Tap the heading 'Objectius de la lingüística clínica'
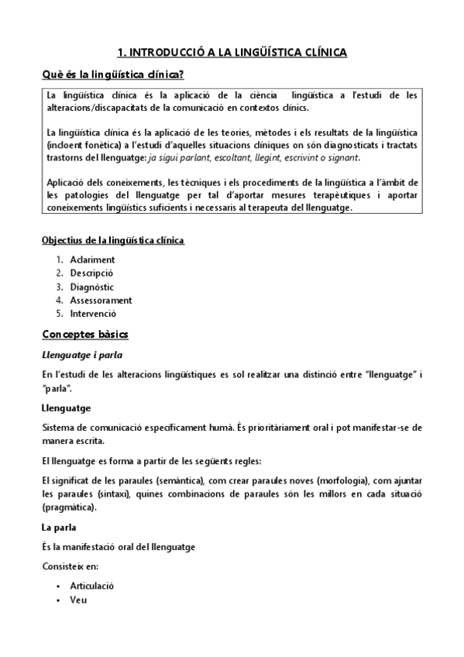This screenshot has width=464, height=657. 112,240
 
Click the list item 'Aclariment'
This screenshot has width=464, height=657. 92,260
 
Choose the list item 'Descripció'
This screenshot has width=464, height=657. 91,273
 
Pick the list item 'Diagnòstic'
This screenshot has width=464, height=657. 92,287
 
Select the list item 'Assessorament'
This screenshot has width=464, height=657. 101,301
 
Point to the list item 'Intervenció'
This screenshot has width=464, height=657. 93,314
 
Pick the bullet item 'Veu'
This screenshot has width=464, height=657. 77,600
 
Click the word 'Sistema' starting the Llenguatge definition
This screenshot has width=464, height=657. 58,428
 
